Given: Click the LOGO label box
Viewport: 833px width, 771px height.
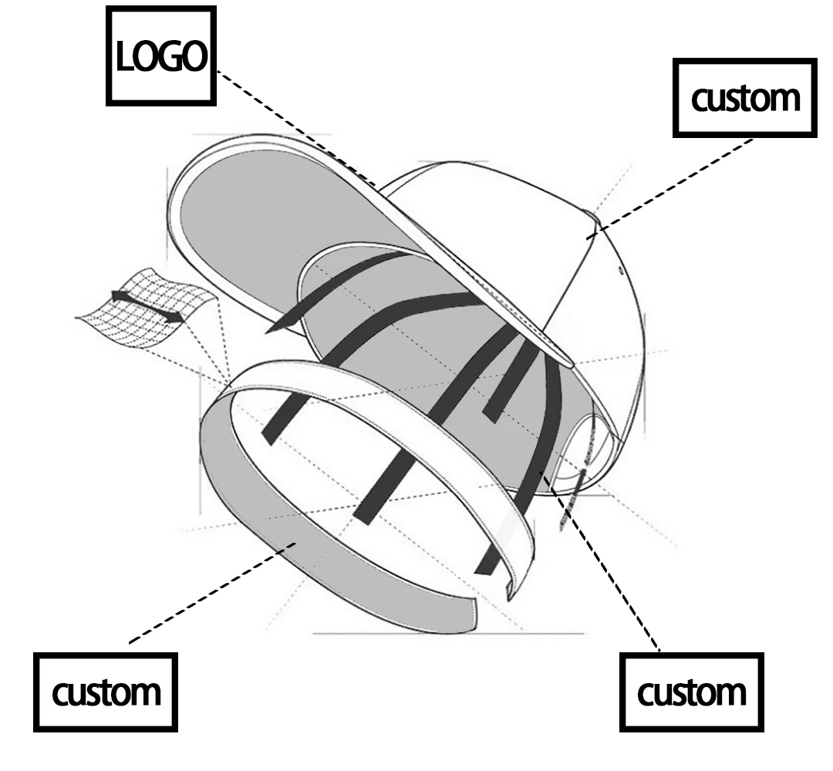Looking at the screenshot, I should tap(161, 56).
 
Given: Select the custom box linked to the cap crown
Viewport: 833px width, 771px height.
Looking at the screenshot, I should tap(744, 98).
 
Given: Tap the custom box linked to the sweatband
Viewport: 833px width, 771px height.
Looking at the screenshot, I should tap(106, 692).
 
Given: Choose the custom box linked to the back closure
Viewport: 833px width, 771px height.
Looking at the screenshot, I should tap(692, 692).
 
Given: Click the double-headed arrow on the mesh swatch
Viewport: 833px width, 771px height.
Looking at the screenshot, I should tap(147, 306).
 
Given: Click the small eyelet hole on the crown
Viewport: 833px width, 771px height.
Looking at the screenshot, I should tap(622, 271).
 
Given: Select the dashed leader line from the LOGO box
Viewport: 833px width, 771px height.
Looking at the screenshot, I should tap(293, 127).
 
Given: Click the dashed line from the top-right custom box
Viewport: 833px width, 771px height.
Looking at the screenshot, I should tap(671, 185).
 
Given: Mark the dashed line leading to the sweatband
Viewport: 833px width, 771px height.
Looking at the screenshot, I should tap(208, 594).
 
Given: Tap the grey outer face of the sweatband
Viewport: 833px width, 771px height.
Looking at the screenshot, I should tap(293, 540).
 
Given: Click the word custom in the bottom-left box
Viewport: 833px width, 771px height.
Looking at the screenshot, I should tap(106, 692).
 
